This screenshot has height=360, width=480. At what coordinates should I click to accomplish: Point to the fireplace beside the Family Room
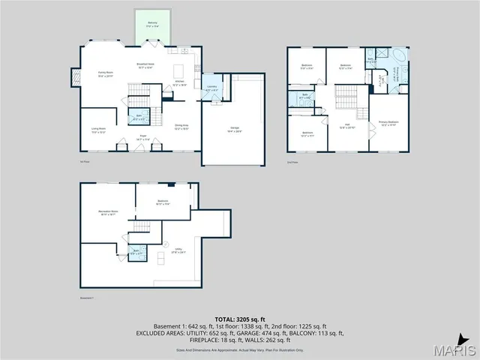click(75, 76)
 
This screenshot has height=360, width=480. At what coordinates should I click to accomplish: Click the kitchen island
click(178, 71)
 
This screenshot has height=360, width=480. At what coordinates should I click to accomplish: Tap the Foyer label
click(142, 136)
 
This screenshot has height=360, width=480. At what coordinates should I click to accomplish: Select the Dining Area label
click(181, 126)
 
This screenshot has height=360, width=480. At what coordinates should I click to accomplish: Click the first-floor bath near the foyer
click(138, 116)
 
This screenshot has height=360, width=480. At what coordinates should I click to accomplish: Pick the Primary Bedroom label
click(388, 122)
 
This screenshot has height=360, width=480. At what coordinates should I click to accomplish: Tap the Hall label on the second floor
click(347, 125)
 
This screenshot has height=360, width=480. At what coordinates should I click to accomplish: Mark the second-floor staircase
click(345, 96)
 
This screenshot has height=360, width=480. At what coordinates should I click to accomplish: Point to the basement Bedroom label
click(163, 201)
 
